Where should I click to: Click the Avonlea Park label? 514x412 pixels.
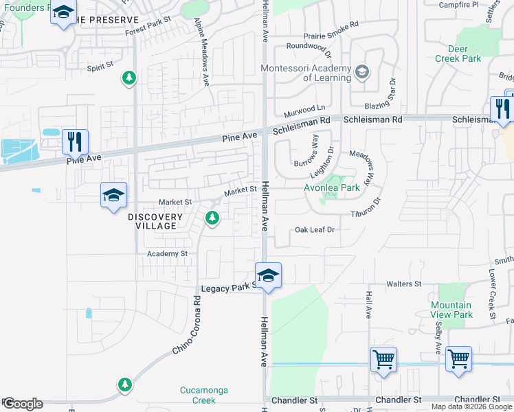click(x=332, y=187)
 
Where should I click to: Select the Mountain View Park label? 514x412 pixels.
click(x=451, y=310)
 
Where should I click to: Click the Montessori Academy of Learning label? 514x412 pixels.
click(x=306, y=73)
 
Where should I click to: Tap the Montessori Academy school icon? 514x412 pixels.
click(x=361, y=71)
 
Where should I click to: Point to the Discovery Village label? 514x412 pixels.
click(x=155, y=221)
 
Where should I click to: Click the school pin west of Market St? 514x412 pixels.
click(x=113, y=196)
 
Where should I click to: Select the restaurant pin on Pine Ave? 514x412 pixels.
click(x=75, y=141)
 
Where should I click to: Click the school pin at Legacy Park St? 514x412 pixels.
click(x=268, y=275)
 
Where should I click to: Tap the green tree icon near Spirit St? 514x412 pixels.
click(x=128, y=78)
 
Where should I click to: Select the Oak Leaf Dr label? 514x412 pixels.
click(x=314, y=230)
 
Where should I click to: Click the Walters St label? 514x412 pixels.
click(x=403, y=284)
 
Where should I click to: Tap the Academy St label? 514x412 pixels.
click(x=168, y=253)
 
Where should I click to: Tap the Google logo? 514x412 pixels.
click(x=22, y=404)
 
